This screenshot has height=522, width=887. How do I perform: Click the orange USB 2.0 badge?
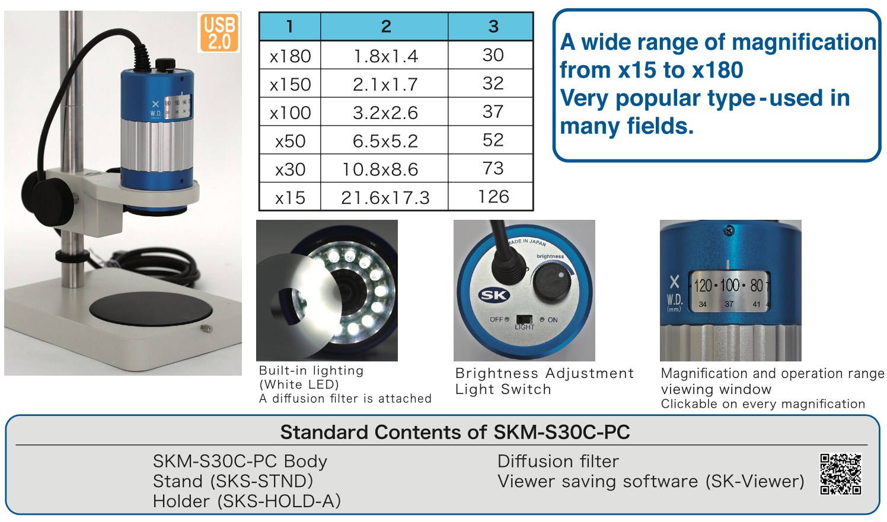click(219, 33)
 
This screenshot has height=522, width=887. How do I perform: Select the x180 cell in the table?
click(290, 56)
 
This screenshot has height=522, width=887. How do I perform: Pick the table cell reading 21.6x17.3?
click(384, 197)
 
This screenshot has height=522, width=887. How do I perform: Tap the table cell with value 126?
click(493, 197)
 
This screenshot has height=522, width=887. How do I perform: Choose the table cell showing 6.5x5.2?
click(384, 140)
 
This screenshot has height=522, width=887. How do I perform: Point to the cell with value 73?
click(493, 168)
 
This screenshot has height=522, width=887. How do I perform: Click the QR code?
click(841, 474)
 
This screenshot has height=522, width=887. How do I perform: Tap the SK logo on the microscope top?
click(494, 295)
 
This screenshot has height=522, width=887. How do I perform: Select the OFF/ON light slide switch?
click(524, 319)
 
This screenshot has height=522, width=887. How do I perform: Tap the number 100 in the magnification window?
click(729, 286)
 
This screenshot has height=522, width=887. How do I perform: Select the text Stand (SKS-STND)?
click(233, 481)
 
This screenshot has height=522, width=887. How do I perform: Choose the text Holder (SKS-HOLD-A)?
click(247, 501)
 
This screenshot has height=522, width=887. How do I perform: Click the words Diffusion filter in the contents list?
click(558, 462)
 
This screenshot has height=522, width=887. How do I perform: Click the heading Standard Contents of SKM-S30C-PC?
click(455, 432)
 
